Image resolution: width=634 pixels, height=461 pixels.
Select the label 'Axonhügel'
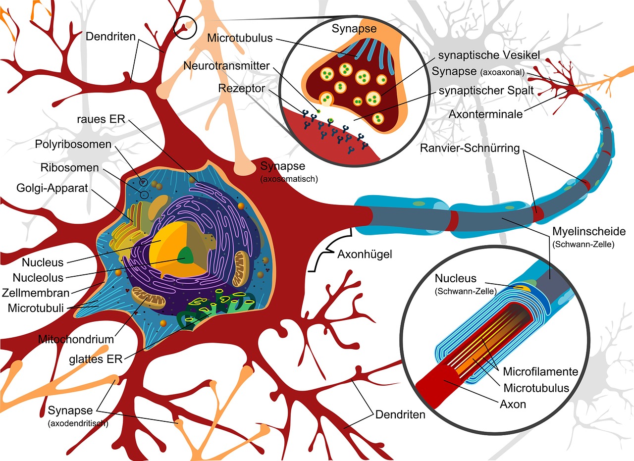365,255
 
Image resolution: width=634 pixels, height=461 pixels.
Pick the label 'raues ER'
101,119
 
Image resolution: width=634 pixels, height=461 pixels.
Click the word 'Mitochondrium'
76,340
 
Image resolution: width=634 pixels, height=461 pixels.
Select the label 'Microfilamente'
540,371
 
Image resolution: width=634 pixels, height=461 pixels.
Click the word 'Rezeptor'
241,88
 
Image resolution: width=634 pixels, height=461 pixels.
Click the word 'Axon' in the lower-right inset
513,404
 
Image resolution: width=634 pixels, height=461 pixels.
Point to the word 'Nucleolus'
38,278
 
